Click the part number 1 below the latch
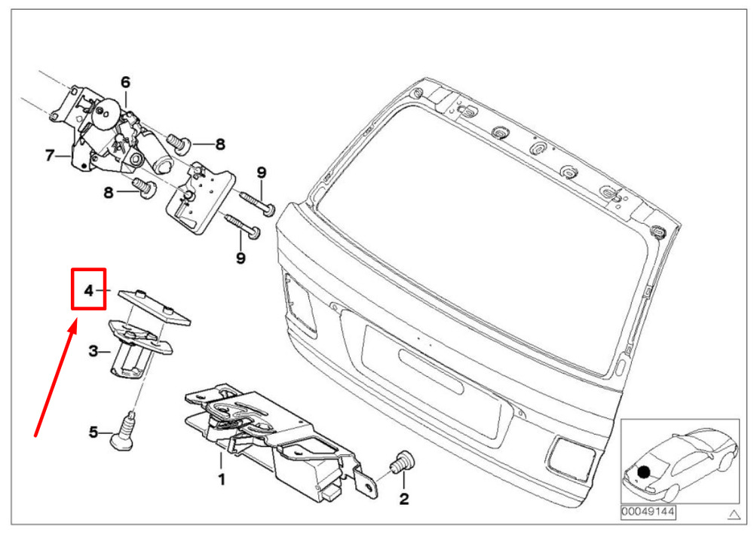click(222, 479)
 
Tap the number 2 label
click(403, 498)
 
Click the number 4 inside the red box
click(88, 290)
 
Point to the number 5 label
click(93, 432)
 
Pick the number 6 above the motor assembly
click(125, 81)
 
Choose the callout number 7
click(50, 156)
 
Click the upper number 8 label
click(219, 144)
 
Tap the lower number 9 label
click(241, 258)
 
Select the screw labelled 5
click(126, 432)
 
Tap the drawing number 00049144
click(648, 512)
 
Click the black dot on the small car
click(643, 473)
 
